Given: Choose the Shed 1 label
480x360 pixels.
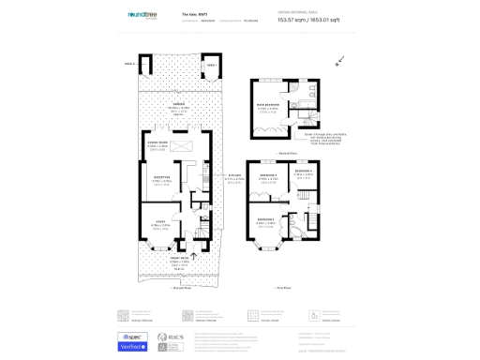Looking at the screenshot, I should (212, 64).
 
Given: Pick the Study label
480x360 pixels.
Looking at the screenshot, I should (161, 222).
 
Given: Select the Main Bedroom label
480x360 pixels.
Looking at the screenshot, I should (269, 106).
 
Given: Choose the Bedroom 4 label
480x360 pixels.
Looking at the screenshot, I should (304, 172).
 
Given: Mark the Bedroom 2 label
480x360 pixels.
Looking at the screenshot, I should (267, 221).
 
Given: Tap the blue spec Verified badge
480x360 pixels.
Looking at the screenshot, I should (133, 340).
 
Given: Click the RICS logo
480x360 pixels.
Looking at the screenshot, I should (172, 339).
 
